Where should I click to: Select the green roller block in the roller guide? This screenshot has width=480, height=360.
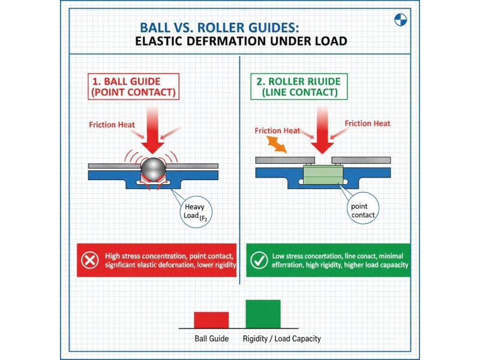pyautogui.click(x=324, y=175)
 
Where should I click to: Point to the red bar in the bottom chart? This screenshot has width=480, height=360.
pyautogui.click(x=211, y=320)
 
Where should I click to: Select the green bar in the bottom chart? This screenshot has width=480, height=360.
pyautogui.click(x=263, y=314)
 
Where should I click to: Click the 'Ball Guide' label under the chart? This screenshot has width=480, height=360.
pyautogui.click(x=211, y=339)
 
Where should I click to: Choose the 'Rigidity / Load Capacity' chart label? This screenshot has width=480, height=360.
pyautogui.click(x=281, y=339)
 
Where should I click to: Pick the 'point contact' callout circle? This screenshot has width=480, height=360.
pyautogui.click(x=362, y=211)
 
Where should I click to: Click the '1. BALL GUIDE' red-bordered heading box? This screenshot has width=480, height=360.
pyautogui.click(x=134, y=86)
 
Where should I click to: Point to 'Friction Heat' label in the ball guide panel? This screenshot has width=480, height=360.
pyautogui.click(x=112, y=125)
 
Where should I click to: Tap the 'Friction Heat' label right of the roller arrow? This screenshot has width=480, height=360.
pyautogui.click(x=367, y=124)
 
